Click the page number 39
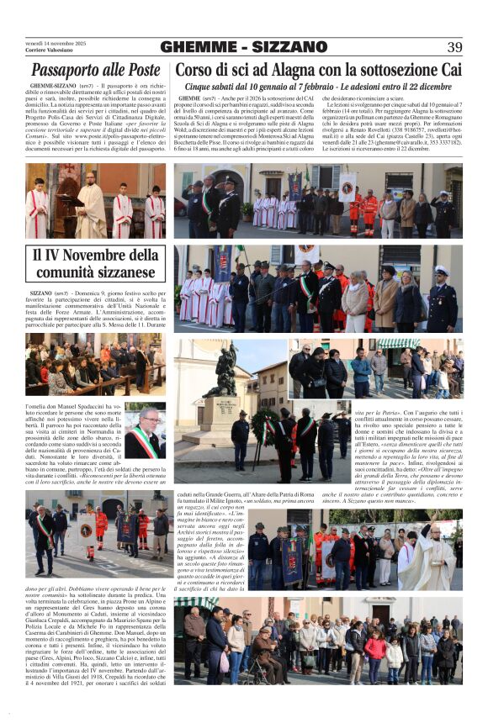[x=454, y=47]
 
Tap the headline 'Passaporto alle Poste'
[x=95, y=70]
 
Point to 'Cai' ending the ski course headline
[x=451, y=71]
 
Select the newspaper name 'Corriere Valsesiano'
[x=48, y=50]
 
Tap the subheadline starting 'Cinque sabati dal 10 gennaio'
[x=318, y=87]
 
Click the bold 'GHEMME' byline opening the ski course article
[x=189, y=98]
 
